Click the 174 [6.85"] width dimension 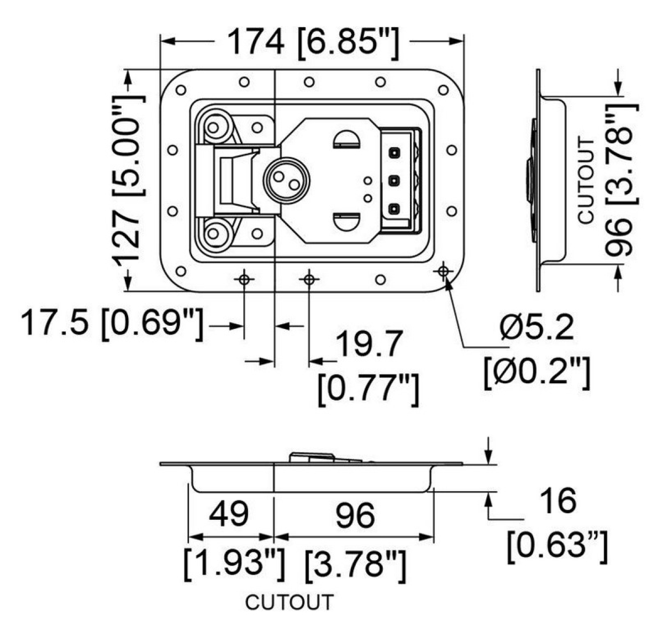312,42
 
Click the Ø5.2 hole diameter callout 536,328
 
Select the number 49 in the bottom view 230,514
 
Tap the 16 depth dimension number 558,500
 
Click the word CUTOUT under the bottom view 290,602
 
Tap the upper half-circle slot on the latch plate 346,139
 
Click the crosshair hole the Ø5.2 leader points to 443,270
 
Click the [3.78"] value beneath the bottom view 355,564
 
